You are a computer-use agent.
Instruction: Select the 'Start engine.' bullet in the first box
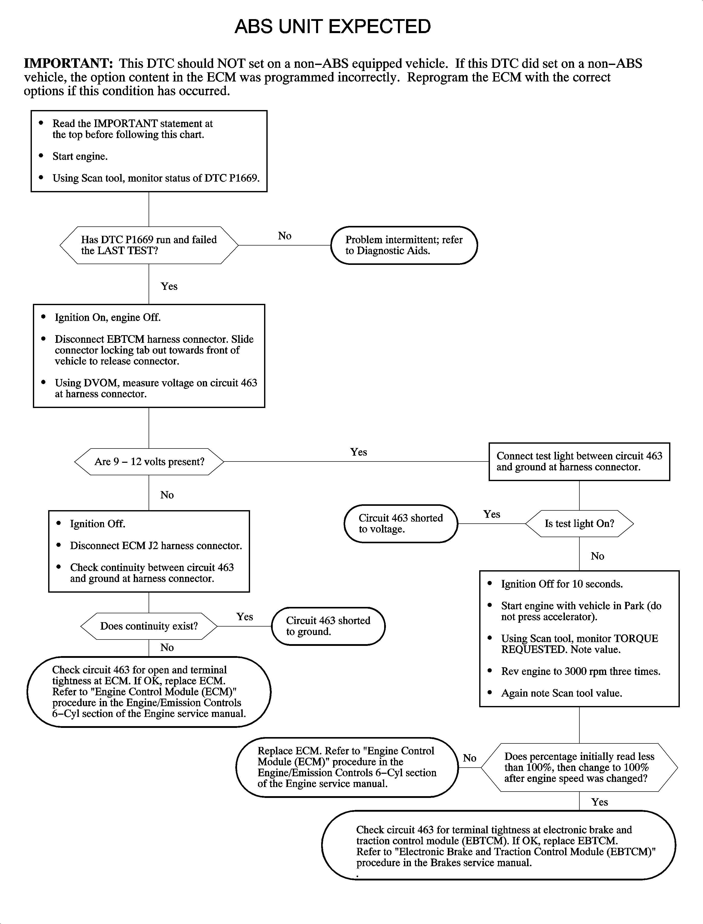80,156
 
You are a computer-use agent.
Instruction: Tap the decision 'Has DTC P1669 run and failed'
149,245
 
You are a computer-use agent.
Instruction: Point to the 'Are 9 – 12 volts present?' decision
149,461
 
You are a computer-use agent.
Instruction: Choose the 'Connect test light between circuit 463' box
579,461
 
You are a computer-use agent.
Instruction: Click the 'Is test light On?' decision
579,523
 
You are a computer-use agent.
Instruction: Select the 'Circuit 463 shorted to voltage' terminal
400,523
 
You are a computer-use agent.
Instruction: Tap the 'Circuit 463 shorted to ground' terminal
328,626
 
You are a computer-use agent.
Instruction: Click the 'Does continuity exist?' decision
149,626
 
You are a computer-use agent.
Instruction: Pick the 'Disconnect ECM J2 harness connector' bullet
156,546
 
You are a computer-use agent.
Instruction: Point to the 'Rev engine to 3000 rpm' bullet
580,671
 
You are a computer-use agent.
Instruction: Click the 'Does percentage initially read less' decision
579,767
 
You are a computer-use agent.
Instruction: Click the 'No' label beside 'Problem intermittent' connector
284,236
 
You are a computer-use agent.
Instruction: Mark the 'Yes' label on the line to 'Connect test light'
359,452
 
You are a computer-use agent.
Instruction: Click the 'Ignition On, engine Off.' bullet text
108,317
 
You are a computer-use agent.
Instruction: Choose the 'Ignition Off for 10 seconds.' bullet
562,584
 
